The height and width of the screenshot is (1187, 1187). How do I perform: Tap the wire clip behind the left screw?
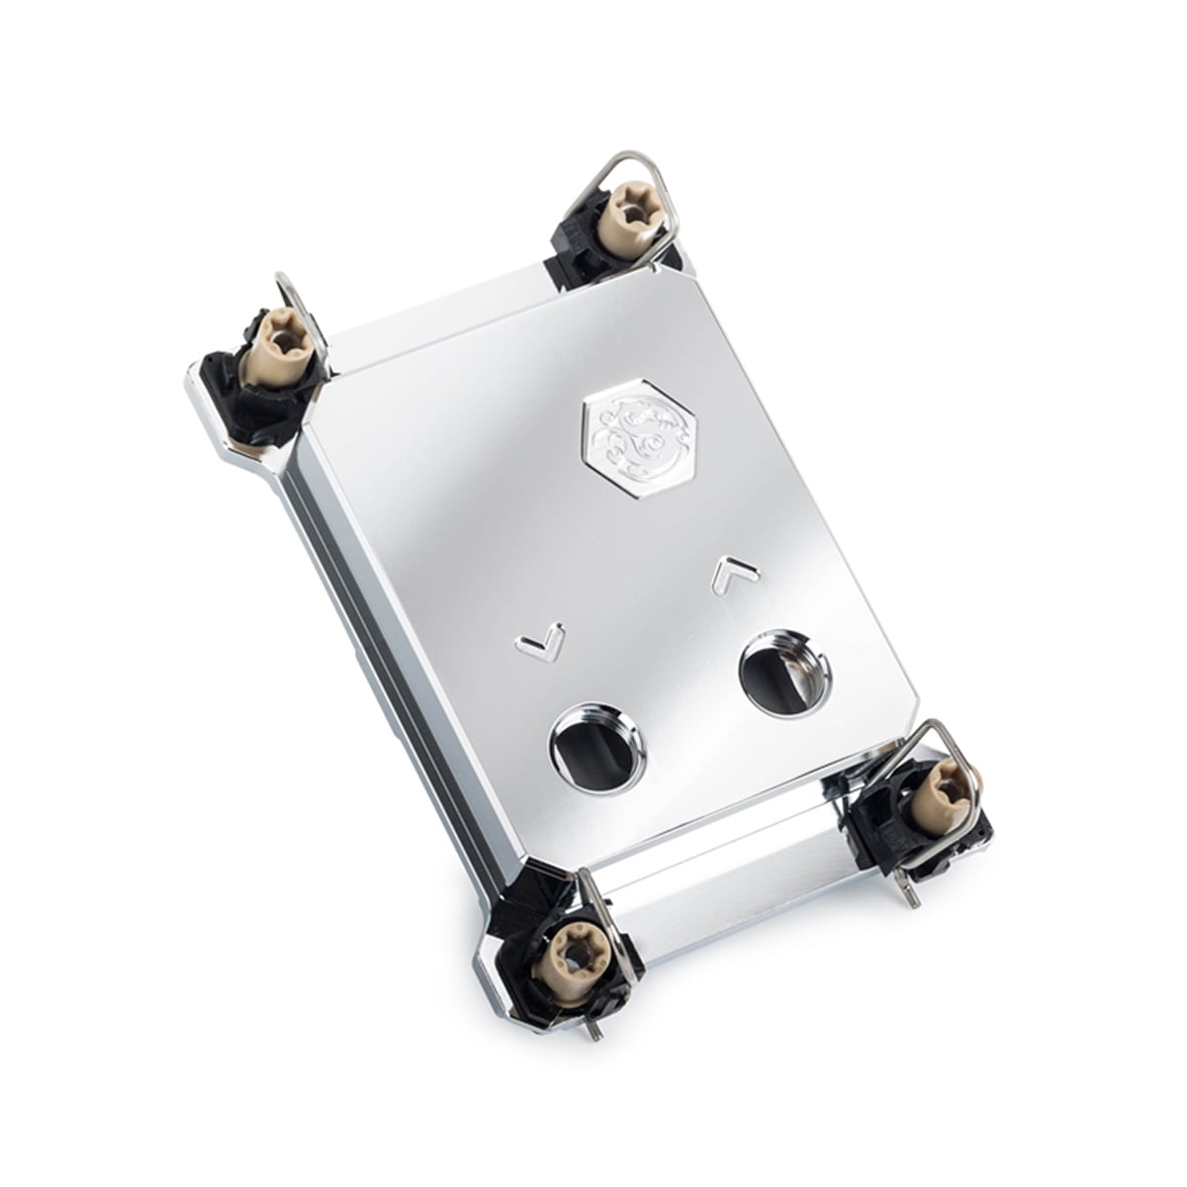(292, 297)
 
